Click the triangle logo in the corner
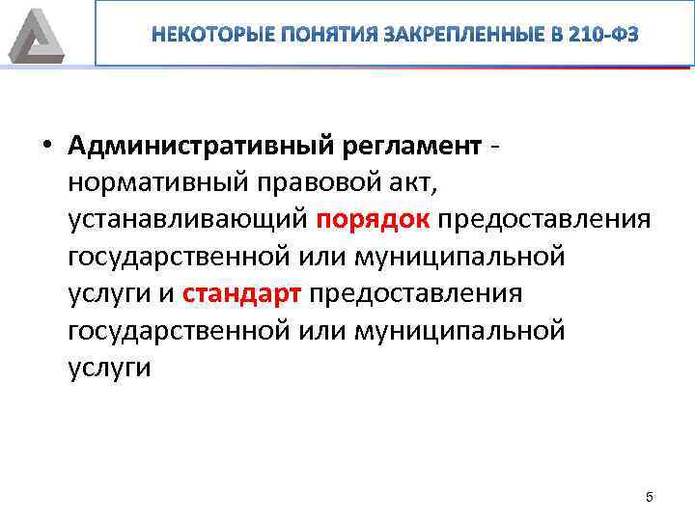[36, 37]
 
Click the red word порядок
[373, 219]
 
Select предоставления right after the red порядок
[544, 219]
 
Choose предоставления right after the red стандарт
[416, 293]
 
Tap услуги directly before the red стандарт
[108, 293]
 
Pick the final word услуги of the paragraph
[108, 368]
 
